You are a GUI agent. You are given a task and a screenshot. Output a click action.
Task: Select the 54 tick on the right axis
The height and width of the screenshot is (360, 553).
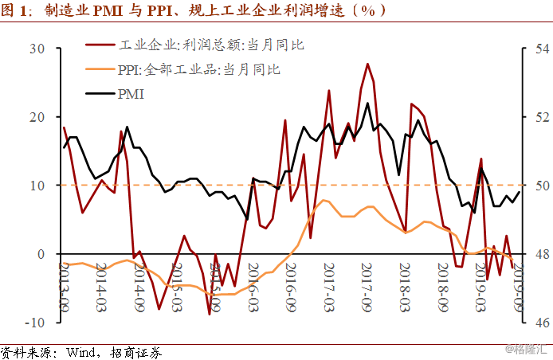pos(533,49)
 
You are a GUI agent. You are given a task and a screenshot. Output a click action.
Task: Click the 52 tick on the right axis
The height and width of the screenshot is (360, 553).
pos(533,117)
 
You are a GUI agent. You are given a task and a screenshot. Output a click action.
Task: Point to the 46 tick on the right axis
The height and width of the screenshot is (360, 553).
pos(533,323)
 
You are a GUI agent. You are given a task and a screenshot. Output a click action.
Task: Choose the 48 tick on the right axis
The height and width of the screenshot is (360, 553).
pos(533,254)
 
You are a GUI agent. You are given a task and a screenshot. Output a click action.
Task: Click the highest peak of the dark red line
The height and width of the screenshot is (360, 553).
pos(367,64)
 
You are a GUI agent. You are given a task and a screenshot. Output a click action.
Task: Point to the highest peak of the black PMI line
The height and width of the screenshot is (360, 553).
pos(367,103)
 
